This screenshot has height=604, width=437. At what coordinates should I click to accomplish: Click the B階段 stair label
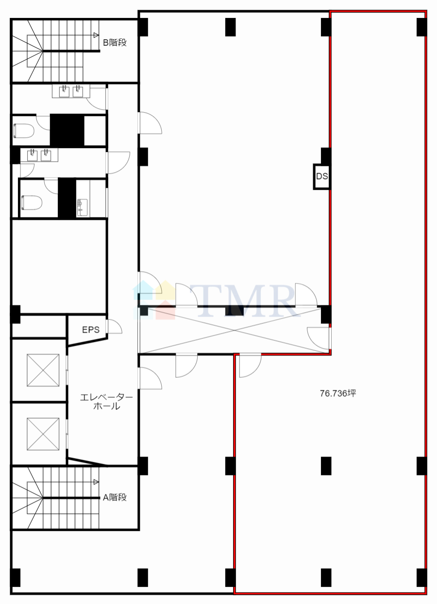pyautogui.click(x=115, y=43)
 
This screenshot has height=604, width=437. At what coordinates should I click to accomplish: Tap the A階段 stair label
pyautogui.click(x=115, y=497)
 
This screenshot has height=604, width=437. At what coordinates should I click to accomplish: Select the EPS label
pyautogui.click(x=91, y=330)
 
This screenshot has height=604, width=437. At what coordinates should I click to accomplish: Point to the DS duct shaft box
pyautogui.click(x=321, y=176)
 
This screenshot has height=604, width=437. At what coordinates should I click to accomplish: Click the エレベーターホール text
pyautogui.click(x=106, y=402)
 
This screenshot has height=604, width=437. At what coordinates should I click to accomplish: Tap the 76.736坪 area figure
pyautogui.click(x=338, y=393)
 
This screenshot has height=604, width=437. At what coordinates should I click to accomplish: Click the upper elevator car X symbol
pyautogui.click(x=43, y=370)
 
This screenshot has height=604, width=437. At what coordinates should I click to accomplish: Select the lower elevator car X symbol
pyautogui.click(x=43, y=434)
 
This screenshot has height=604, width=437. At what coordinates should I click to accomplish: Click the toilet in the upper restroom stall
pyautogui.click(x=24, y=131)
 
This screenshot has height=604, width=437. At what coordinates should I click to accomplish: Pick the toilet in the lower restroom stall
pyautogui.click(x=32, y=202)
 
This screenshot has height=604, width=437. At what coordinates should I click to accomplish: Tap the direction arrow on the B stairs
pyautogui.click(x=96, y=35)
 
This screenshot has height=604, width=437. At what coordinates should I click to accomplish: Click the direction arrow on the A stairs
pyautogui.click(x=96, y=482)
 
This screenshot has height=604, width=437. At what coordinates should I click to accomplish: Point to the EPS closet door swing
pyautogui.click(x=114, y=326)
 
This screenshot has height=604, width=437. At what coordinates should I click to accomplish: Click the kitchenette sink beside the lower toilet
pyautogui.click(x=82, y=207)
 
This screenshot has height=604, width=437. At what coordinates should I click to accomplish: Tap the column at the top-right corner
pyautogui.click(x=421, y=27)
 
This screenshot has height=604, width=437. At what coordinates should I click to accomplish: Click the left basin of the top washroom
pyautogui.click(x=64, y=91)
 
